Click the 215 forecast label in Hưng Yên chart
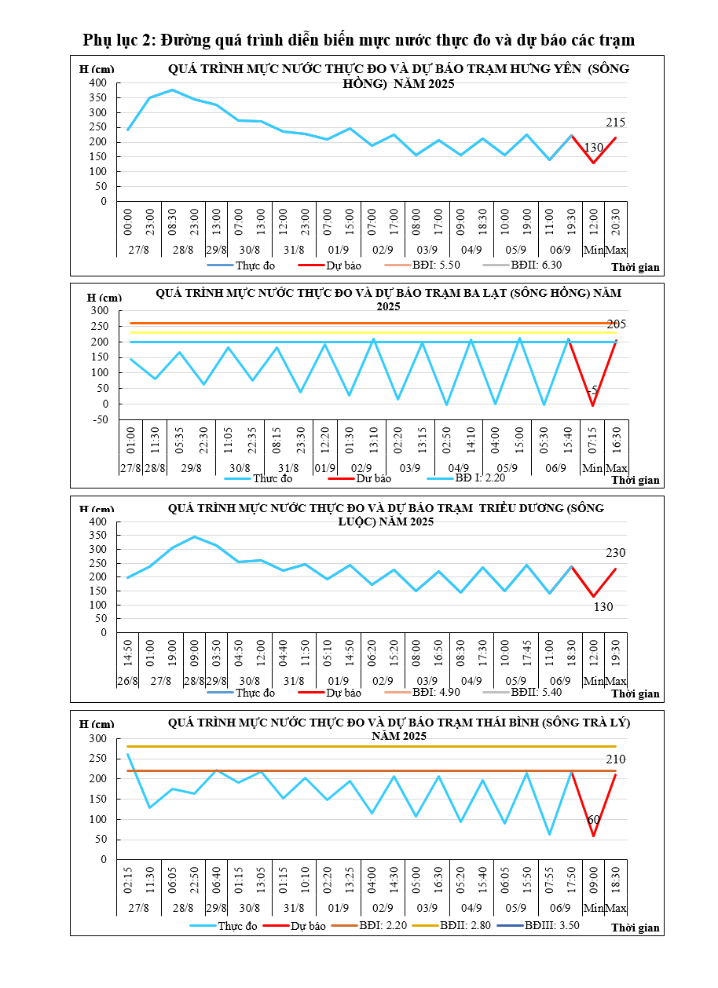tap(616, 123)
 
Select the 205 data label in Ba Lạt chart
tap(616, 324)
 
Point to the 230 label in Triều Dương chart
tap(616, 553)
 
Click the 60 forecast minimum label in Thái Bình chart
tap(594, 820)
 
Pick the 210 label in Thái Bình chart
tap(616, 759)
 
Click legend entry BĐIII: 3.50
tap(552, 926)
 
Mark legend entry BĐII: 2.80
tap(465, 926)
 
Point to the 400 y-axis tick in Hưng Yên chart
tap(97, 82)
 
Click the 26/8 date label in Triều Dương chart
tap(127, 680)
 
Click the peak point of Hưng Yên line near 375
tap(173, 90)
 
